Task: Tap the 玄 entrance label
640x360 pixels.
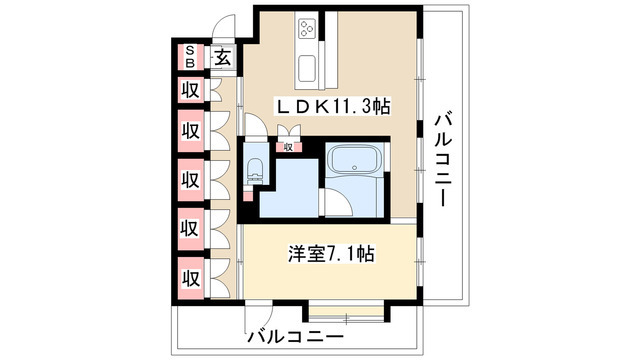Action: [x=222, y=57]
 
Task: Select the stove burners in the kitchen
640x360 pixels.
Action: [x=306, y=29]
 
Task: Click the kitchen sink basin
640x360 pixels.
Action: [x=307, y=70]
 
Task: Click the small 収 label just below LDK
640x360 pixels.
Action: [x=288, y=147]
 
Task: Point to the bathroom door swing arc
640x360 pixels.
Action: [x=338, y=204]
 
